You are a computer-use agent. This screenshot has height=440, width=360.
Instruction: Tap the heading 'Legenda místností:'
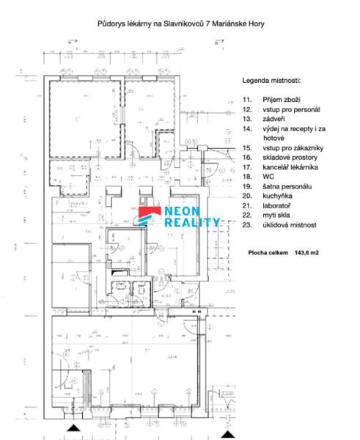pyautogui.click(x=271, y=81)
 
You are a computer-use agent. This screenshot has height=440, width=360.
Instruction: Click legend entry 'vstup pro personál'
pyautogui.click(x=291, y=109)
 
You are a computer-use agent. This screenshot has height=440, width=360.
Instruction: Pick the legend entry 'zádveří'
pyautogui.click(x=273, y=119)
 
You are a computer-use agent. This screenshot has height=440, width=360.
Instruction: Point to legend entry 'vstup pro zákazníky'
pyautogui.click(x=293, y=148)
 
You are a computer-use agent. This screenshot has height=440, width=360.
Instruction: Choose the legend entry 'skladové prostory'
pyautogui.click(x=290, y=158)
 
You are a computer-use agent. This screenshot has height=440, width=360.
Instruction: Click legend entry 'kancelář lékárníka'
pyautogui.click(x=290, y=167)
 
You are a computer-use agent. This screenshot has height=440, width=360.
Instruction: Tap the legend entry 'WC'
pyautogui.click(x=268, y=177)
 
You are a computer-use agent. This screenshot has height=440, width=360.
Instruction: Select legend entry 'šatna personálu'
pyautogui.click(x=287, y=186)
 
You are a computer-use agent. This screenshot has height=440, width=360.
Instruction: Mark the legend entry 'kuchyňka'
pyautogui.click(x=277, y=196)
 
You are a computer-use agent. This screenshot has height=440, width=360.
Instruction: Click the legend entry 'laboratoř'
pyautogui.click(x=276, y=205)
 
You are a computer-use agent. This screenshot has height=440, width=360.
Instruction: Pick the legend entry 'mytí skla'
pyautogui.click(x=276, y=215)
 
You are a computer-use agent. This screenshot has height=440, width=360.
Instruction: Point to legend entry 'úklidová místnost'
pyautogui.click(x=290, y=225)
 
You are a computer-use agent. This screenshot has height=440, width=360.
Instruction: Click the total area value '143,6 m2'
pyautogui.click(x=306, y=252)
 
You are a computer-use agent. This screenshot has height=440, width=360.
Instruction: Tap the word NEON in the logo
pyautogui.click(x=182, y=211)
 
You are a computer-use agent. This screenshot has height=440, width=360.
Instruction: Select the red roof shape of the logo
pyautogui.click(x=150, y=211)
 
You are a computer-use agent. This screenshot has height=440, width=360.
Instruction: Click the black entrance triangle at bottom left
pyautogui.click(x=73, y=428)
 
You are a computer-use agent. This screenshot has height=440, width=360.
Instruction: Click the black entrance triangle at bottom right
pyautogui.click(x=228, y=434)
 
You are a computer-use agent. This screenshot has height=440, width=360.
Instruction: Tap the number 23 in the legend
pyautogui.click(x=247, y=225)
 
